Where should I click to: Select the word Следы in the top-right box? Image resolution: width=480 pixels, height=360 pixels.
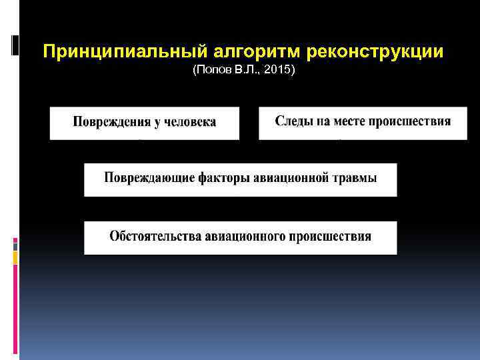tap(291, 122)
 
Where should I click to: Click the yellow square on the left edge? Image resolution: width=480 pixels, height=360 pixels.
tap(15, 256)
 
